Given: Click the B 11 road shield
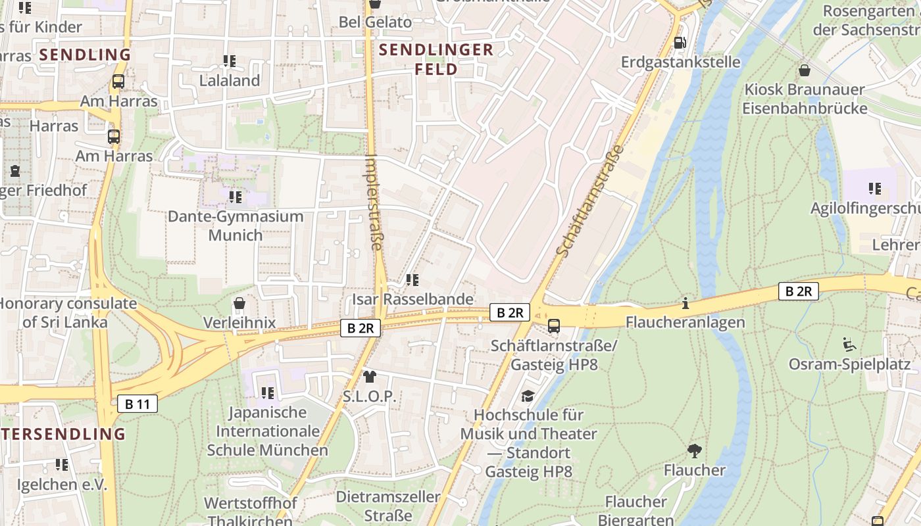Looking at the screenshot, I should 137,404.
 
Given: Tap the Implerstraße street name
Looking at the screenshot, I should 374,203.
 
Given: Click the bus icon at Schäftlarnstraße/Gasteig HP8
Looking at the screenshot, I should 554,325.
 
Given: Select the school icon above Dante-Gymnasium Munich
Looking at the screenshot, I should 235,197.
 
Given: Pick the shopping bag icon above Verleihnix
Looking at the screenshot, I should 239,304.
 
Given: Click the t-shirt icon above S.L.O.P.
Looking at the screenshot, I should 369,377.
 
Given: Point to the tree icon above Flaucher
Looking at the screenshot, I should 694,450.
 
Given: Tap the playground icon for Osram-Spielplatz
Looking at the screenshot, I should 849,344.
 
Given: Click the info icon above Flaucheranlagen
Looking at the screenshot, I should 685,303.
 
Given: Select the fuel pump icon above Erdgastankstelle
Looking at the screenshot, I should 680,43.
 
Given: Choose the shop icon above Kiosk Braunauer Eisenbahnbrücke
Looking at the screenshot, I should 804,70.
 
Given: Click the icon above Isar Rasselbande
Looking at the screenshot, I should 412,280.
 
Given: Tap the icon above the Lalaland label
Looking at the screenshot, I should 230,61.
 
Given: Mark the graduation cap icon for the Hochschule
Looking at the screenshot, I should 528,396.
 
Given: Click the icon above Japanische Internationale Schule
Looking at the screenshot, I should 267,393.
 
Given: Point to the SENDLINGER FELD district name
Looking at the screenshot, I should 436,59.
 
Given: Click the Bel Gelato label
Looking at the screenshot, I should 375,22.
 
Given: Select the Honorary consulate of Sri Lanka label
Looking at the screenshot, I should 68,313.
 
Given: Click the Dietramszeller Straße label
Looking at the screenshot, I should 388,506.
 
